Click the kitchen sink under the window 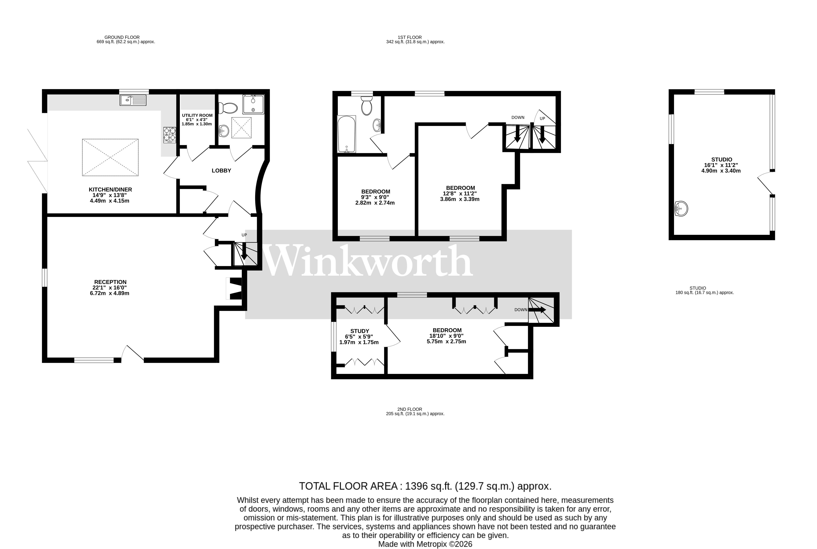[x=133, y=101]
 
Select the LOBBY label [x=221, y=171]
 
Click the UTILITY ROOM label [x=197, y=115]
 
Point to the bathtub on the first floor [x=346, y=134]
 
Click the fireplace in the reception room [x=234, y=288]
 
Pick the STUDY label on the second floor [x=360, y=331]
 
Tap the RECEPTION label [x=110, y=282]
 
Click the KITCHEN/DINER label [x=110, y=189]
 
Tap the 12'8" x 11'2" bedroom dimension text [x=460, y=194]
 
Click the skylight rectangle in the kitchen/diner [x=110, y=158]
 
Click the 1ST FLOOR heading [x=410, y=37]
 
